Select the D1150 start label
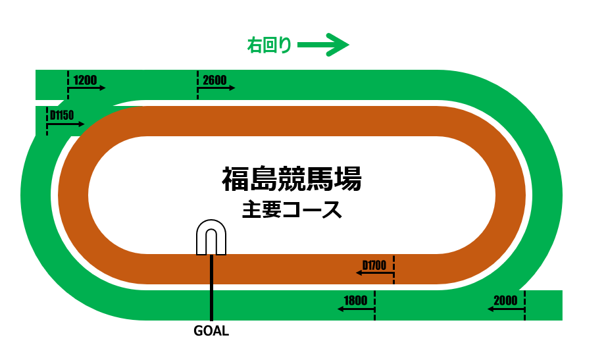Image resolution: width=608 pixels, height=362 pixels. (x=62, y=115)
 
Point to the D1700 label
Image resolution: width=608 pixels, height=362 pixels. (x=374, y=265)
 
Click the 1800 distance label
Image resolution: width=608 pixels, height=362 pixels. (x=355, y=300)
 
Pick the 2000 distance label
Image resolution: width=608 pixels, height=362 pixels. (x=505, y=300)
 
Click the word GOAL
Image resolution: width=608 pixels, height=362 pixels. (x=211, y=331)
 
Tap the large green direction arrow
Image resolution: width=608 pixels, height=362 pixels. (x=322, y=45)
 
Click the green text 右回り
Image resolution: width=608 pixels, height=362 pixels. (x=268, y=45)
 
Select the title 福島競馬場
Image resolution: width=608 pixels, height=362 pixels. (x=291, y=178)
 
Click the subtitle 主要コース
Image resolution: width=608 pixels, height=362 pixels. (x=291, y=210)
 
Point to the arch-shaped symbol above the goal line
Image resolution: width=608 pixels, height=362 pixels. (x=211, y=237)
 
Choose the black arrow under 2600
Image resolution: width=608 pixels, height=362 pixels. (x=216, y=88)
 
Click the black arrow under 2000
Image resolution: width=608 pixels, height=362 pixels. (x=506, y=308)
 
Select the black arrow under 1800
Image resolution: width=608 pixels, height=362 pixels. (x=355, y=308)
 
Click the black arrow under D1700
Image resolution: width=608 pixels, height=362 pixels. (x=375, y=272)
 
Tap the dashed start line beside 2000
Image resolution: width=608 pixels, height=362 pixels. (x=525, y=305)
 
